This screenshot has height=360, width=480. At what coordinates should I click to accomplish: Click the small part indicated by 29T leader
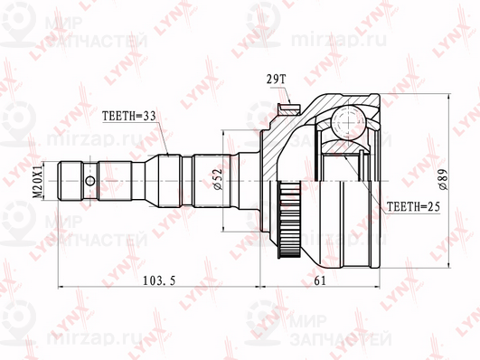pyautogui.click(x=292, y=108)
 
